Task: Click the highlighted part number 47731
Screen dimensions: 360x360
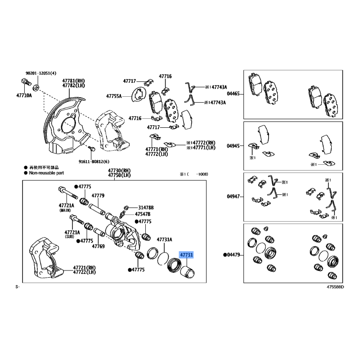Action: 186,255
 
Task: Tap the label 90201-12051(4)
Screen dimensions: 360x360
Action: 41,73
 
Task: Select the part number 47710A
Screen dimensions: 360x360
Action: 24,95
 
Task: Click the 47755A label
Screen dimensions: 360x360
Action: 114,96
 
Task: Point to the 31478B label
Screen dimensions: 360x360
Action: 146,208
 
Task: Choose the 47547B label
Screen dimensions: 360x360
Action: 143,214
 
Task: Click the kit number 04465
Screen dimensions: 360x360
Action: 233,94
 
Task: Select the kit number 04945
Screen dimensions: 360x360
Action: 233,146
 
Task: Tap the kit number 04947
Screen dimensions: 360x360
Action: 233,197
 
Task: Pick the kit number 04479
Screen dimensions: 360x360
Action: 233,255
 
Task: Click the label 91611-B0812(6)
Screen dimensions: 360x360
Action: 94,162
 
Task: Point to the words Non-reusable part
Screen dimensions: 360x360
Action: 46,173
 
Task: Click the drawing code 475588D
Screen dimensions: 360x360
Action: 335,287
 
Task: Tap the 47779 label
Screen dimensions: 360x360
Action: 98,196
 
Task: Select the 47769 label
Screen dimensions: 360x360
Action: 98,246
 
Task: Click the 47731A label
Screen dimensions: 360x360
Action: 164,240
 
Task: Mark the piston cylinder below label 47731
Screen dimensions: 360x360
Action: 187,272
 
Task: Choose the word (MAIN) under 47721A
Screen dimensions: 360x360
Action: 65,210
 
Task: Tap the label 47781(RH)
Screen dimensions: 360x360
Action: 73,81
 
